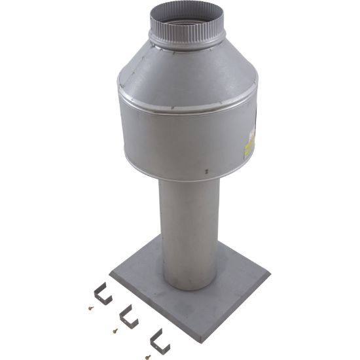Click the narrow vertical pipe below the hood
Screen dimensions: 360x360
[188, 223]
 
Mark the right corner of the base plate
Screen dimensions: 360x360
[268, 274]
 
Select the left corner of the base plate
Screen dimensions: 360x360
[111, 272]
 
